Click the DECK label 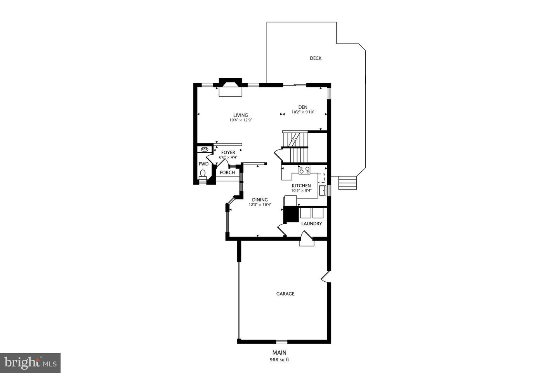coord(316,58)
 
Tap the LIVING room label coord(240,115)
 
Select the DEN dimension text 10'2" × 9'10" coord(303,112)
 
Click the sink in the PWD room coord(204,149)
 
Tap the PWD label coord(203,164)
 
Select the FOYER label coord(228,152)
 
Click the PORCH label coord(227,173)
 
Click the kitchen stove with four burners coord(304,169)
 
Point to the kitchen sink coord(322,190)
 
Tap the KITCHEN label coord(301,186)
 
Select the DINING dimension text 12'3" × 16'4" coord(260,204)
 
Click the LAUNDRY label coord(311,224)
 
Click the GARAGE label coord(285,294)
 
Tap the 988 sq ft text coord(279,360)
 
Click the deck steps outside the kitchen coord(347,183)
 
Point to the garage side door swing coord(325,276)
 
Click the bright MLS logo coord(30,363)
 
